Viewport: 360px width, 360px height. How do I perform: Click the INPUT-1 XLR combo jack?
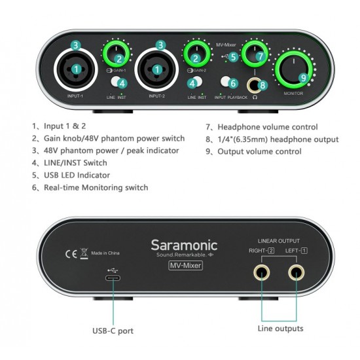(x=77, y=68)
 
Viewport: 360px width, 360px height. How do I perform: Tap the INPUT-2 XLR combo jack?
(x=160, y=68)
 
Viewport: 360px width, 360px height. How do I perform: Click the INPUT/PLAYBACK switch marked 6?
(x=226, y=83)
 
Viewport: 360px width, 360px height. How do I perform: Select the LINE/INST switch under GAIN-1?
(x=118, y=82)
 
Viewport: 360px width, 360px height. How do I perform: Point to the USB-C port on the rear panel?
(x=115, y=280)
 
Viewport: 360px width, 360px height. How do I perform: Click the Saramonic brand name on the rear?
(x=184, y=245)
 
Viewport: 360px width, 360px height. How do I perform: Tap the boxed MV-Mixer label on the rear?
(x=185, y=265)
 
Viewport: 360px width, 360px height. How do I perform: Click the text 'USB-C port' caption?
(x=113, y=331)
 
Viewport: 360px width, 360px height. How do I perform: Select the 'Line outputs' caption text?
(x=280, y=328)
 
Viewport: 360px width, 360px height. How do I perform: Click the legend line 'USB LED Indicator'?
(x=71, y=175)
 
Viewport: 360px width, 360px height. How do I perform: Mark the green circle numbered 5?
(x=234, y=57)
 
